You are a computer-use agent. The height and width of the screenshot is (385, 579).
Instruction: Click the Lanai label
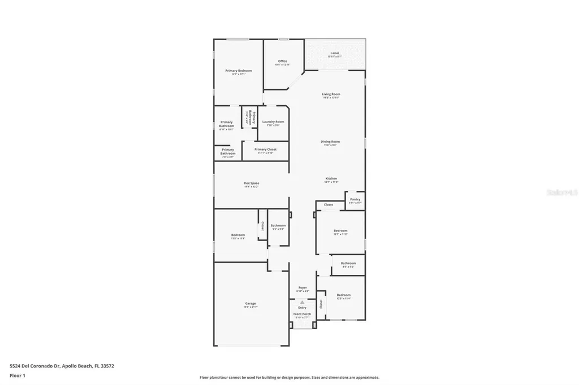click(335, 53)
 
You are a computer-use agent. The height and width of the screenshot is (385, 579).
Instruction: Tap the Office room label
click(283, 61)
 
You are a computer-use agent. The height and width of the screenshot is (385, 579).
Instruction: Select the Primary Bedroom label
click(239, 71)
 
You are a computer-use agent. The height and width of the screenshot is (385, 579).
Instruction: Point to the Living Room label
click(331, 94)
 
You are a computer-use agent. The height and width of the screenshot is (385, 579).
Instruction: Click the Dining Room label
click(330, 142)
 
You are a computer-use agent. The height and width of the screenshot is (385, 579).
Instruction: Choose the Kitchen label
click(331, 178)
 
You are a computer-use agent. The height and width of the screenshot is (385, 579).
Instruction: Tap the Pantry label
click(355, 199)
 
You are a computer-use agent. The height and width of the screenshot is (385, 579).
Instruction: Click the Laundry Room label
click(273, 121)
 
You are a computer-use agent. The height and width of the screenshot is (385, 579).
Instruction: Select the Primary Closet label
click(265, 149)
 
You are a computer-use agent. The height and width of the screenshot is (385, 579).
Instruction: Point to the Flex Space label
click(251, 183)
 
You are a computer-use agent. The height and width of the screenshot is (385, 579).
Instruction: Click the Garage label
click(250, 304)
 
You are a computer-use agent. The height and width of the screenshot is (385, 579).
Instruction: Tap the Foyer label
click(303, 287)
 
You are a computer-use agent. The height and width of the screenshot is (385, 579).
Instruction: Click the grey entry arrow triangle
click(303, 303)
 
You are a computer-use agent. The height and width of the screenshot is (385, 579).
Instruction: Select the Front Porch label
click(302, 314)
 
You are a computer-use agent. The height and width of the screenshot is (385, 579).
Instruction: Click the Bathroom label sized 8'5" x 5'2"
click(348, 263)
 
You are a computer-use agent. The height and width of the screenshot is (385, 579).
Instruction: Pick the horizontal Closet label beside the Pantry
click(329, 204)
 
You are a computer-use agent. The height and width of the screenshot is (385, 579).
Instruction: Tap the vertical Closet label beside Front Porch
click(321, 304)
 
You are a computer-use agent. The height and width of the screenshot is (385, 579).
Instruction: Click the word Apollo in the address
click(70, 366)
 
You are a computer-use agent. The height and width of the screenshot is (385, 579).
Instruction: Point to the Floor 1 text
click(17, 375)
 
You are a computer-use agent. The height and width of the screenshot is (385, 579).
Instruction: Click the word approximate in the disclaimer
click(366, 378)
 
